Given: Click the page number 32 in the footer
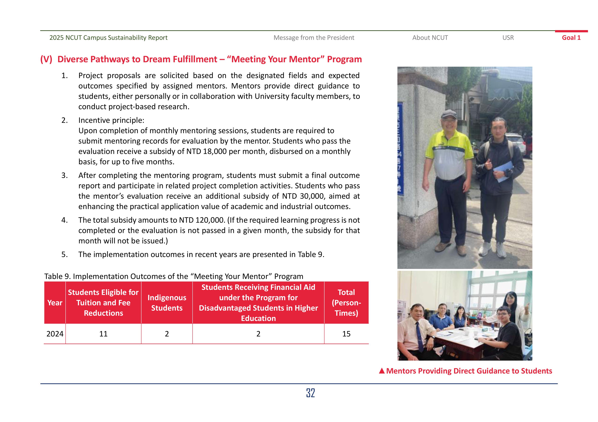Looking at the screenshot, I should coord(311,393).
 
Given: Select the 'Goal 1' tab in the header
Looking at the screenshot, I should coord(571,38).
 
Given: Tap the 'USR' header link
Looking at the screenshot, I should coord(508,38).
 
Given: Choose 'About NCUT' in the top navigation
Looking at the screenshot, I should coord(430,38).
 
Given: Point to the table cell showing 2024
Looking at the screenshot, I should coord(55,334).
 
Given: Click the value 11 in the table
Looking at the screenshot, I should coord(103,334).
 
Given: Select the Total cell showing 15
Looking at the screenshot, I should coord(346,334).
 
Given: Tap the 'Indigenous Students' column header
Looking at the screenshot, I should coord(167,303).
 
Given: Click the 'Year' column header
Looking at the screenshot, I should coord(55,303).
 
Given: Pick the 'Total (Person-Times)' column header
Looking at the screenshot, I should coord(346,303).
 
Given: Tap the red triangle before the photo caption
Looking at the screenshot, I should coord(382,371).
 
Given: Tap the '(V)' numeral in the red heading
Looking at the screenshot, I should coord(46,59).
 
